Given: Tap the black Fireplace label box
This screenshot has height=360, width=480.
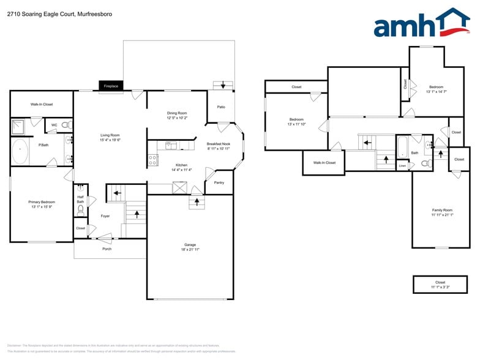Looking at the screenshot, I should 111,86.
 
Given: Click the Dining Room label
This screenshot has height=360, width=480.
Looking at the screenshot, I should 177,113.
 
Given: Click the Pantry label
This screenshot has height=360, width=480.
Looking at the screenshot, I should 219,182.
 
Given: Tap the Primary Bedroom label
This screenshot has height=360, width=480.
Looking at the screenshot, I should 42,201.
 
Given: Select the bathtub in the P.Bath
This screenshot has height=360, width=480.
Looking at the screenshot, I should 20,152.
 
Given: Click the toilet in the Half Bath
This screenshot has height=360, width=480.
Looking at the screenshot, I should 81,210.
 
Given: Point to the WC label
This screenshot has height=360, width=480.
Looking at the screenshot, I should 54,125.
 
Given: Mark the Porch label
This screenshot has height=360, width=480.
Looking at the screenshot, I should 107,249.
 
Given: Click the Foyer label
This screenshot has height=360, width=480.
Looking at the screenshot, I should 105,216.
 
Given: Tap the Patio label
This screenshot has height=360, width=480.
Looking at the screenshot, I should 221,107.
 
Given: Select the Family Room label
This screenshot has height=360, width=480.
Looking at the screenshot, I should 441,210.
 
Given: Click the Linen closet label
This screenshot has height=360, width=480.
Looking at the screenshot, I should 402,165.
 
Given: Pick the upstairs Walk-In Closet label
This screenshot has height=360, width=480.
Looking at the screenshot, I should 324,162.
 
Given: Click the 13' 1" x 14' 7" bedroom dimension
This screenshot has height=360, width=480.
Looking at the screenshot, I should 436,92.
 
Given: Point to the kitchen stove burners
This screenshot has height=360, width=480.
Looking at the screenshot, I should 152,160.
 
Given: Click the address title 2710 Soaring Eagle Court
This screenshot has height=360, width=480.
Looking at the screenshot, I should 42,13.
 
